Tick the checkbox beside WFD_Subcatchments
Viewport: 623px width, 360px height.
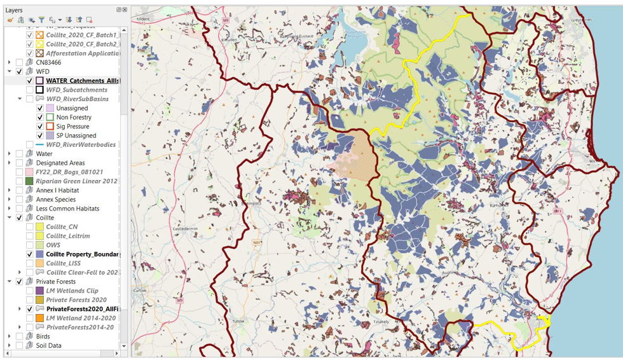point(30,90)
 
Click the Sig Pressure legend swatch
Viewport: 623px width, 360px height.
point(50,127)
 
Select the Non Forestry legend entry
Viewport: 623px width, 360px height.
point(74,118)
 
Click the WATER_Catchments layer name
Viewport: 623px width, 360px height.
point(82,81)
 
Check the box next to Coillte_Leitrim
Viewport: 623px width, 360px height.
point(30,236)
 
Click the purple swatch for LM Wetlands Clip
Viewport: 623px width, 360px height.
point(39,291)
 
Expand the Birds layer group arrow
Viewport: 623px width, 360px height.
point(10,336)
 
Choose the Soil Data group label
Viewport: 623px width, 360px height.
point(48,346)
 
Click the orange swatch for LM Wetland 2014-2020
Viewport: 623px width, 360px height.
point(39,318)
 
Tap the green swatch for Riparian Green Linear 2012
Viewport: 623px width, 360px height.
point(29,181)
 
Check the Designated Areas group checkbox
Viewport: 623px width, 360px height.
point(19,163)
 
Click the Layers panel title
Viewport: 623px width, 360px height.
point(14,10)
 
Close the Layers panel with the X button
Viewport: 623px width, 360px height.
point(125,10)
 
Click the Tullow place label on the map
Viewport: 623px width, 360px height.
point(238,322)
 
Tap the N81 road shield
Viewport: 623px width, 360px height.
point(257,242)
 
